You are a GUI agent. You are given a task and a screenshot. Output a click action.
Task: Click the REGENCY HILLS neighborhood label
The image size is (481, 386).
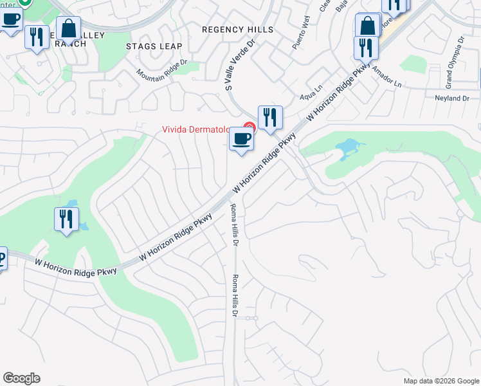(x=237, y=30)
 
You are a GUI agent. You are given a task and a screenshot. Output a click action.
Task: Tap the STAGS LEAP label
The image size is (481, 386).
(x=154, y=46)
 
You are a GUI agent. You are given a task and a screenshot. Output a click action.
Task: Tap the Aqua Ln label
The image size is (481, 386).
(x=311, y=96)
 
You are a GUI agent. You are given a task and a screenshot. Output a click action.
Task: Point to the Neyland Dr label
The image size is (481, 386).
(x=453, y=98)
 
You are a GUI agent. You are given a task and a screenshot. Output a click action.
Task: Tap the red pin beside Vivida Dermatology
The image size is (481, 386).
(x=250, y=127)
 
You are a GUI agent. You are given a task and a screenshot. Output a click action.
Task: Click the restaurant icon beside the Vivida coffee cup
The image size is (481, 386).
(x=270, y=118)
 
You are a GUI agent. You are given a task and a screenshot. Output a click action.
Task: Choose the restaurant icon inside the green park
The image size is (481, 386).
(x=66, y=219)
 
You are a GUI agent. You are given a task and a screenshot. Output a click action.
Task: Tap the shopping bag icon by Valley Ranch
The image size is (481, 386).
(x=68, y=29)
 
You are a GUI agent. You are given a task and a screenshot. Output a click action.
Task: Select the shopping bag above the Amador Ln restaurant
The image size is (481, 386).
(x=368, y=26)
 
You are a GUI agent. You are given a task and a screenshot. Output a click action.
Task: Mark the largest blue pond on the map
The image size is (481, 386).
(x=347, y=149)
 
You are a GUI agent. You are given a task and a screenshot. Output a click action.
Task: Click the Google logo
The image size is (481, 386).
(x=21, y=378)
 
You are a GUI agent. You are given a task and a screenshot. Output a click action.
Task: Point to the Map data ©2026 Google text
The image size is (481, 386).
(x=440, y=381)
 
